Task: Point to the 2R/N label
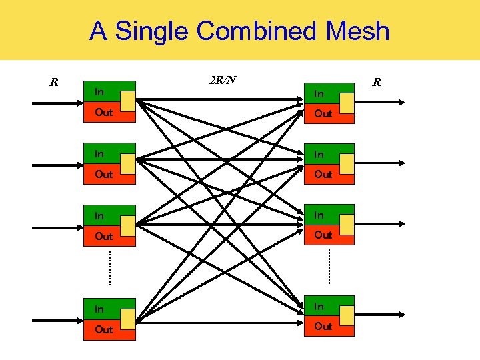(222, 81)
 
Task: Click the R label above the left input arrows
(54, 83)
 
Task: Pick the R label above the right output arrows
(377, 83)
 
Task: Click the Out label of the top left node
(103, 113)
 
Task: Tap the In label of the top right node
(319, 94)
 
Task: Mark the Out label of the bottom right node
(323, 326)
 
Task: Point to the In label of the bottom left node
(99, 309)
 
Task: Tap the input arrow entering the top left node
(57, 103)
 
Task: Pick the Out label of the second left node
(103, 174)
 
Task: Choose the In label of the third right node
(319, 215)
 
